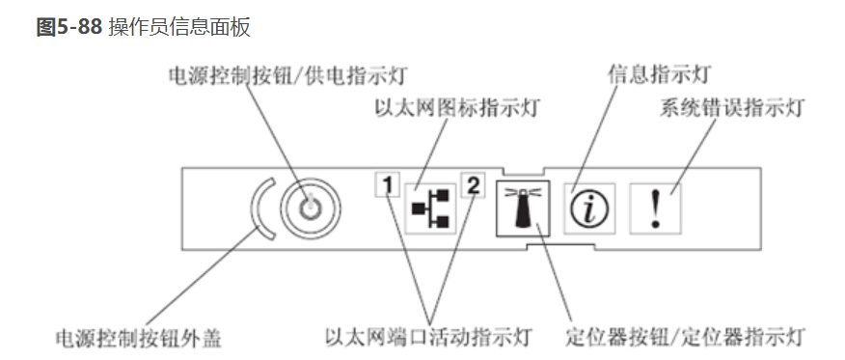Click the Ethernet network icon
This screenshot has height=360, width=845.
(x=429, y=208)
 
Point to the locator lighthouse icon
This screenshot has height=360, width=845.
(x=521, y=208)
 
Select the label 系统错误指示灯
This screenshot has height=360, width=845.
(x=732, y=107)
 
